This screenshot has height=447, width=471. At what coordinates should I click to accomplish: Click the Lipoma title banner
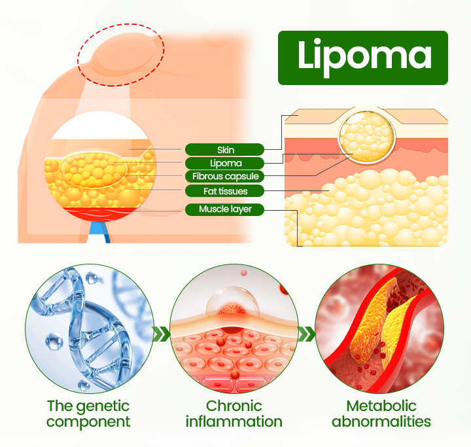pos(363,58)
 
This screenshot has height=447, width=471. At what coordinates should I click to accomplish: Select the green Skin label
pos(224,150)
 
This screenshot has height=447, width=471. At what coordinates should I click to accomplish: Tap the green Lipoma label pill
pos(224,163)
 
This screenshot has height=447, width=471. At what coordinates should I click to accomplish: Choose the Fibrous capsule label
pos(224,177)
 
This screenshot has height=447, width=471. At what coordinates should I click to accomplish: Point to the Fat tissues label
pos(224,191)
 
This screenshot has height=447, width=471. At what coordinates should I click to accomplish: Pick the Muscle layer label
pos(224,209)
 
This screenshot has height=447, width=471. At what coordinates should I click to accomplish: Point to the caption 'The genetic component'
pos(88,414)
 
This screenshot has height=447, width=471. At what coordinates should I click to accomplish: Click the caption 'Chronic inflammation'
pos(234,414)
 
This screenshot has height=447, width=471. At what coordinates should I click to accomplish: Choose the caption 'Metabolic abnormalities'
pos(381,414)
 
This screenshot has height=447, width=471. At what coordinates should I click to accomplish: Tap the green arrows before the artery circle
pos(306,335)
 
